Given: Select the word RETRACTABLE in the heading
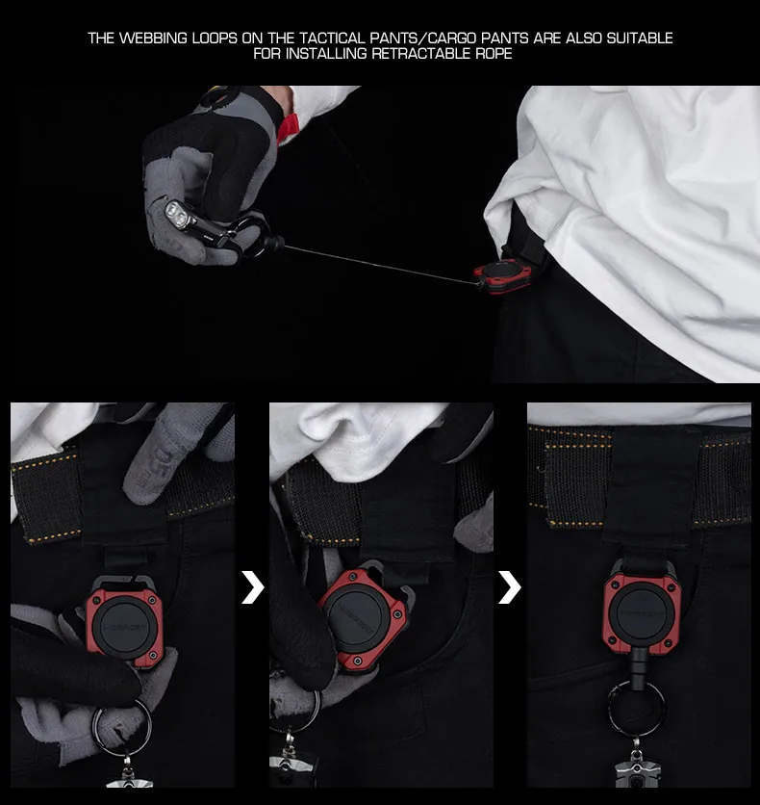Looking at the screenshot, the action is coord(421,53).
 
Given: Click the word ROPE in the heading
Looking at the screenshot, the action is coord(494,53).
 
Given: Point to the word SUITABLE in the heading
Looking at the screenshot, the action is coord(640,38).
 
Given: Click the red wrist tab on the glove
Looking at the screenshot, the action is coord(289,127).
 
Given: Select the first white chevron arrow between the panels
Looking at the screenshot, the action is coord(252,586).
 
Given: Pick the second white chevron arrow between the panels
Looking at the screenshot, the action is coord(509,586).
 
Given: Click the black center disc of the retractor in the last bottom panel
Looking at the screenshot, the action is coord(642,614).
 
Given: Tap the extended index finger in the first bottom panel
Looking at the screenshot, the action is coord(154,457).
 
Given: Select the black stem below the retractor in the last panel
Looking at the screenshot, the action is coord(639,668).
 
